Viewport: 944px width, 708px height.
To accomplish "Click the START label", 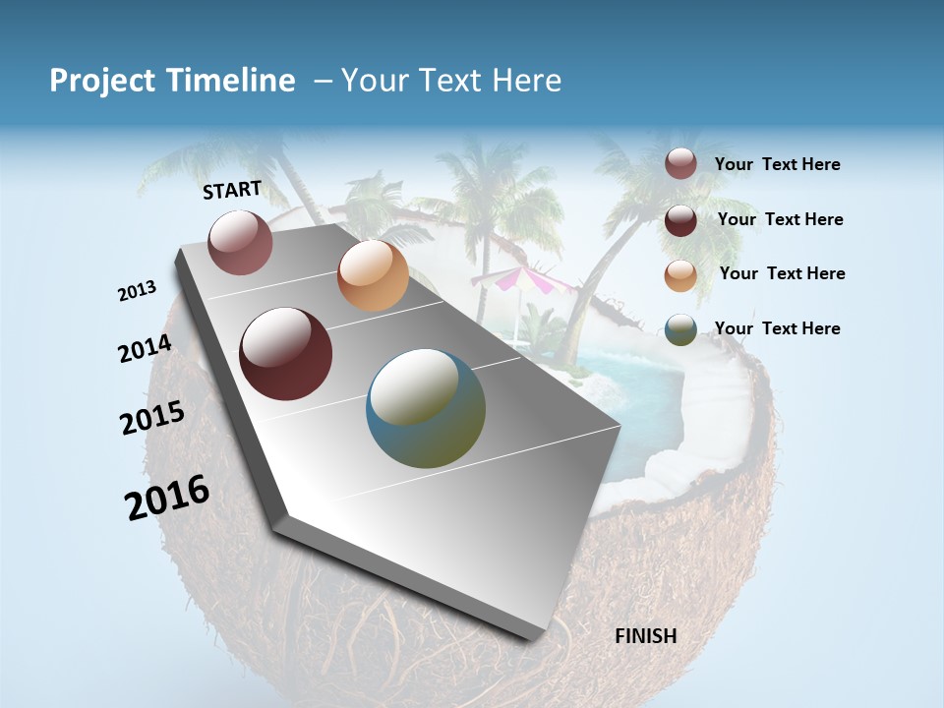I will pyautogui.click(x=232, y=190).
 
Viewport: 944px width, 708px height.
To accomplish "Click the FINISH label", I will pyautogui.click(x=645, y=636).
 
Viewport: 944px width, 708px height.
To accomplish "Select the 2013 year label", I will pyautogui.click(x=138, y=291).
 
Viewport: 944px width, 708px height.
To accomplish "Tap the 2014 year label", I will pyautogui.click(x=146, y=348).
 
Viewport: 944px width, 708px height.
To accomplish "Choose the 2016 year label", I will pyautogui.click(x=167, y=497).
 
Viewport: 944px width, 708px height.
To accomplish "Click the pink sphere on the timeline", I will pyautogui.click(x=240, y=242).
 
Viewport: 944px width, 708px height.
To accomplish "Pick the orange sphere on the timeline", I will pyautogui.click(x=373, y=275).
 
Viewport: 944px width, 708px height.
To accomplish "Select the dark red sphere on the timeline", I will pyautogui.click(x=286, y=354).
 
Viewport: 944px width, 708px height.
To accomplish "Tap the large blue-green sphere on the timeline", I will pyautogui.click(x=426, y=408).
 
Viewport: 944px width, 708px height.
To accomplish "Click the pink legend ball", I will pyautogui.click(x=680, y=164).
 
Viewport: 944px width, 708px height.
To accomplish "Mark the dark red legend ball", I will pyautogui.click(x=680, y=220).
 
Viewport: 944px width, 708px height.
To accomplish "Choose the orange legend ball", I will pyautogui.click(x=680, y=275).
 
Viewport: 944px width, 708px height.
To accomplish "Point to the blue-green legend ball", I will pyautogui.click(x=680, y=329).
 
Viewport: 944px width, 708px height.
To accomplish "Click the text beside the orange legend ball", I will pyautogui.click(x=782, y=273).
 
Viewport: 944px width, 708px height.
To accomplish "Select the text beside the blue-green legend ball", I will pyautogui.click(x=777, y=328).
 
